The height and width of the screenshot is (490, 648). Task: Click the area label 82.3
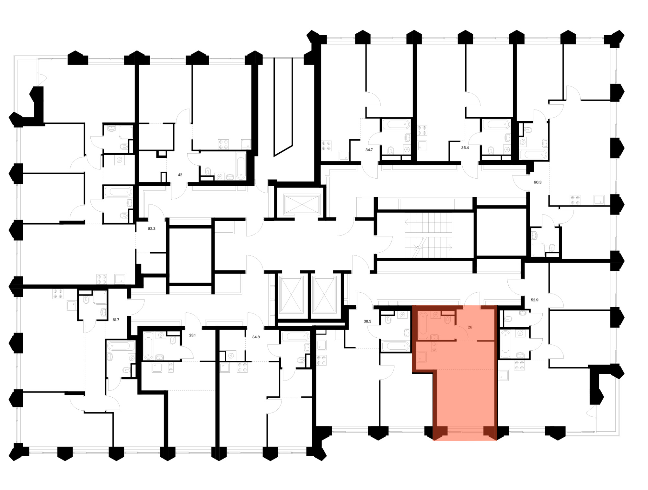pyautogui.click(x=152, y=228)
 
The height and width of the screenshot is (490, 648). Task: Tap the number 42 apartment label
pyautogui.click(x=180, y=175)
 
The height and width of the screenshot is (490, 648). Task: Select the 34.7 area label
pyautogui.click(x=369, y=150)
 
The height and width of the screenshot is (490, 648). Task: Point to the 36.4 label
pyautogui.click(x=465, y=147)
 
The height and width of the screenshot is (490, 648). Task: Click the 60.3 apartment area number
pyautogui.click(x=538, y=182)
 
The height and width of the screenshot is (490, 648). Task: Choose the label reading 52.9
pyautogui.click(x=535, y=300)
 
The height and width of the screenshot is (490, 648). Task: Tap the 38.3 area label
pyautogui.click(x=367, y=321)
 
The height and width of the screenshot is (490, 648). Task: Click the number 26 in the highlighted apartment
pyautogui.click(x=470, y=327)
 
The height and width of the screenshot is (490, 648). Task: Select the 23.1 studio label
pyautogui.click(x=192, y=335)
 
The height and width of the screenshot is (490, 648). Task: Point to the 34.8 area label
pyautogui.click(x=256, y=337)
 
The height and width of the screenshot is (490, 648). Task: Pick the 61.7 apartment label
pyautogui.click(x=116, y=320)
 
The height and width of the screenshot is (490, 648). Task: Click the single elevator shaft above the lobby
pyautogui.click(x=301, y=204)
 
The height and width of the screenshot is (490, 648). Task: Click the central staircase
pyautogui.click(x=428, y=236)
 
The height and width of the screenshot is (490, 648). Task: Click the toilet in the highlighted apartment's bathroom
pyautogui.click(x=447, y=320)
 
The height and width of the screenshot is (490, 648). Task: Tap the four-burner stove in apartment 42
pyautogui.click(x=223, y=144)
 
